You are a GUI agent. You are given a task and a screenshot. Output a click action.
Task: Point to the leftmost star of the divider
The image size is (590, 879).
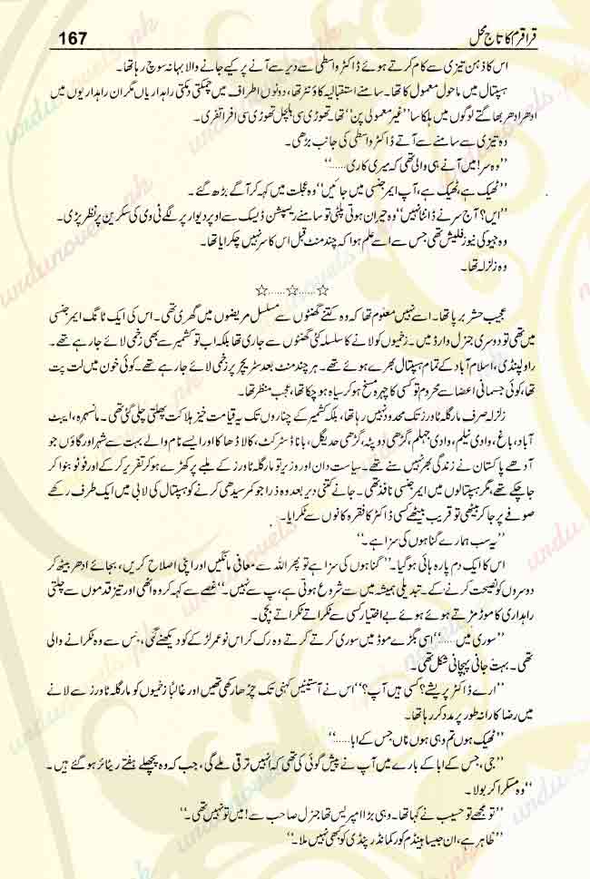tap(261, 291)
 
